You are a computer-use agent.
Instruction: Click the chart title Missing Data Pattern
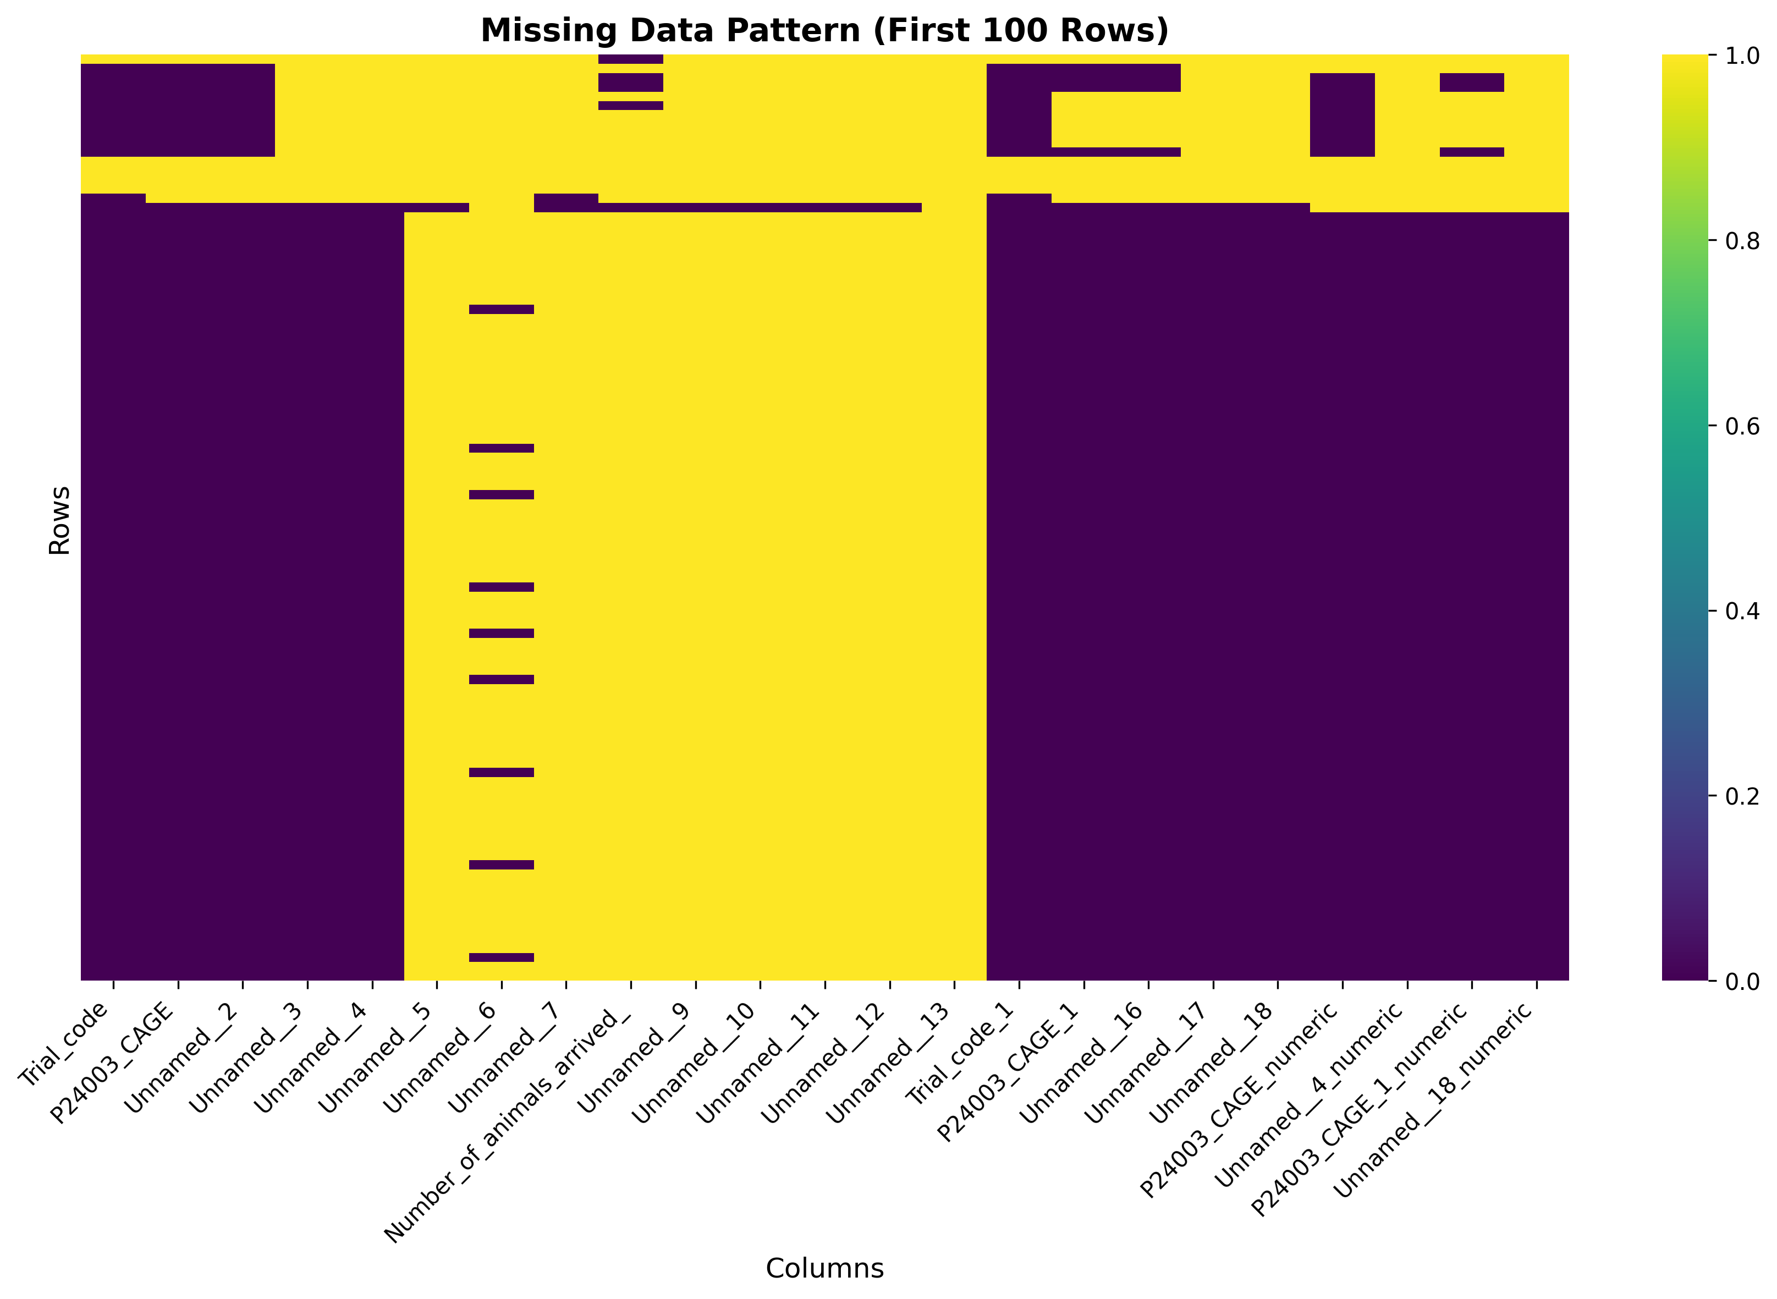pos(824,31)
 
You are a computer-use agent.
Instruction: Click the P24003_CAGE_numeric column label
pos(1240,1099)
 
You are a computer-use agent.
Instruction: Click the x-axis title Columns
pos(824,1268)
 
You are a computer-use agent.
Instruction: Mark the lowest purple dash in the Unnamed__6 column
pos(502,957)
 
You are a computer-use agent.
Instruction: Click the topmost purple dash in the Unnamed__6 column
pos(502,309)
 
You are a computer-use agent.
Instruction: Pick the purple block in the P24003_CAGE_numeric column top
pos(1341,115)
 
